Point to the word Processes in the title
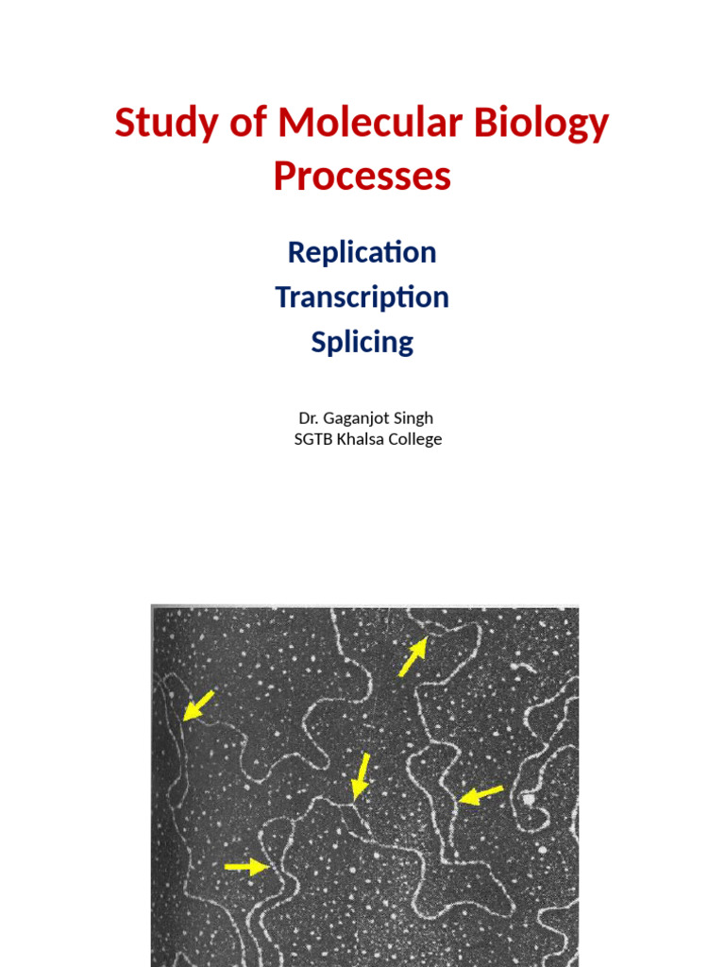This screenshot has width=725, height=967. click(x=362, y=177)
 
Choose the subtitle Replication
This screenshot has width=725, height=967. click(x=362, y=252)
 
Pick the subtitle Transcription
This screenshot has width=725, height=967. click(x=362, y=297)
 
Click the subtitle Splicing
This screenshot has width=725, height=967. click(x=362, y=342)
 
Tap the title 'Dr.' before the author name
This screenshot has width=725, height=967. click(x=309, y=417)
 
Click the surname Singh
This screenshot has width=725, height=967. click(x=413, y=418)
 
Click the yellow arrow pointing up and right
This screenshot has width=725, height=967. click(x=413, y=657)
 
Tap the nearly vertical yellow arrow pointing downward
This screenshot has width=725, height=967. click(x=360, y=776)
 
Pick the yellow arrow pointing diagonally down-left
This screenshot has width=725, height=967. click(x=198, y=705)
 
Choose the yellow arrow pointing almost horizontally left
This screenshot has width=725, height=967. click(x=481, y=795)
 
